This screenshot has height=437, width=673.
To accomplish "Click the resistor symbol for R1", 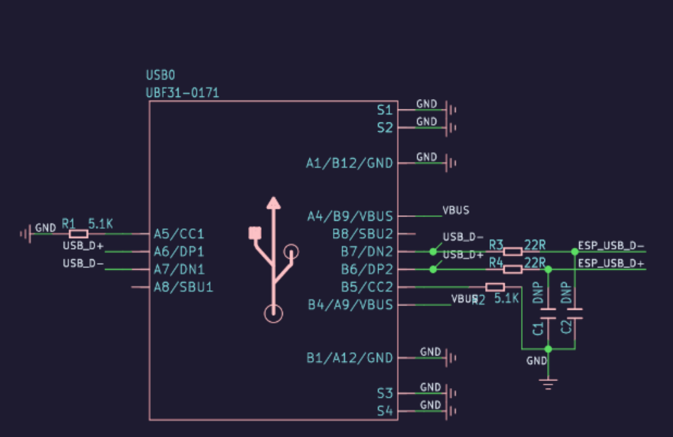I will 78,234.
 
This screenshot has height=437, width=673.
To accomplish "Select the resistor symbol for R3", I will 512,251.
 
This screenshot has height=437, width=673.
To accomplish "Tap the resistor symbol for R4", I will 512,269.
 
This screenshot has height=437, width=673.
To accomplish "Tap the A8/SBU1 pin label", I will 183,286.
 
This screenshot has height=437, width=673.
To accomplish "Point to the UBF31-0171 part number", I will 182,93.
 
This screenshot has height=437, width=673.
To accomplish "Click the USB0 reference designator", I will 161,76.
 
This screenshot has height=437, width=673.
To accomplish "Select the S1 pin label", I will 384,110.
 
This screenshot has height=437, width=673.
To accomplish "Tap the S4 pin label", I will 384,411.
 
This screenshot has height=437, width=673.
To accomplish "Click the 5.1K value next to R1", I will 101,224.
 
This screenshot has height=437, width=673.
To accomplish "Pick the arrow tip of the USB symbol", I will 274,202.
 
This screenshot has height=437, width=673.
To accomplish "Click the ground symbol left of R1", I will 25,234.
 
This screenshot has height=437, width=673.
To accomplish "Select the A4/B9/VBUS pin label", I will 350,216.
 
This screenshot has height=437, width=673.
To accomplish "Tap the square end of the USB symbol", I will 255,232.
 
